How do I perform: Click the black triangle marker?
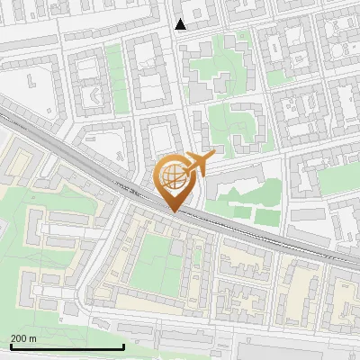pyautogui.click(x=181, y=24)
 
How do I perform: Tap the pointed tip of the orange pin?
pyautogui.click(x=174, y=211)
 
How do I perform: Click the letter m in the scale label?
pyautogui.click(x=33, y=338)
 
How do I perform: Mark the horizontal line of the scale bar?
pyautogui.click(x=67, y=346)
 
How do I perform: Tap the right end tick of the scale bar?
pyautogui.click(x=123, y=345)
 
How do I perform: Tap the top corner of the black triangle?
pyautogui.click(x=181, y=19)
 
